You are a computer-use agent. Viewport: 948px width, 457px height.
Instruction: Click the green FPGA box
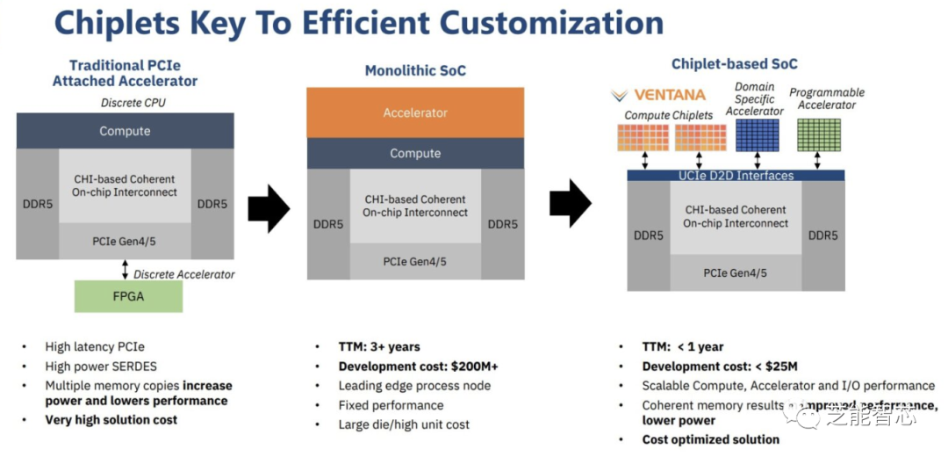128,296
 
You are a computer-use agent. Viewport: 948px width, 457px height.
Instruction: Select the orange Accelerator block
415,112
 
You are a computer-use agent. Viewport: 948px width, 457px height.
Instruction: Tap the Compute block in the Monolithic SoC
415,153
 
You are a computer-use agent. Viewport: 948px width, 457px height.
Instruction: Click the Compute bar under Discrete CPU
125,131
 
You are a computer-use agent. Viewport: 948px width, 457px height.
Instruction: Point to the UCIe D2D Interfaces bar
736,176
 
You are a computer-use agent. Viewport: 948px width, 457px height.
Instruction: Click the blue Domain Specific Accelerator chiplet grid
757,135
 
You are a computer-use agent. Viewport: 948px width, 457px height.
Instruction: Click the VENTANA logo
658,95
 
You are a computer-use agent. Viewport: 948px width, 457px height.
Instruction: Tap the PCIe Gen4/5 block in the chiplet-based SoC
736,272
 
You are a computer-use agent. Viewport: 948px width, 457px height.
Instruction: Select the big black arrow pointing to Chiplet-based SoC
572,204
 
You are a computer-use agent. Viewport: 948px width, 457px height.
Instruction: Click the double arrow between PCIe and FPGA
125,269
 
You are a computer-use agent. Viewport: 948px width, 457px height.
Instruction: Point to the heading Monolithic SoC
415,70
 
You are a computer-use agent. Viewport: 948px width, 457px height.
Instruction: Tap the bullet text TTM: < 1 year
683,347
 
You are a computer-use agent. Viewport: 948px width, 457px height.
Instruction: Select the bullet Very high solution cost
111,420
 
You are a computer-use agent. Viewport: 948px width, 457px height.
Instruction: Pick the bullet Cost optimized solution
710,439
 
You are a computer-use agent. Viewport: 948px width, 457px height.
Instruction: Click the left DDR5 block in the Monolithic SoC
327,224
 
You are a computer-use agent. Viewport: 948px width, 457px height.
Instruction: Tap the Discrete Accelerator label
184,274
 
